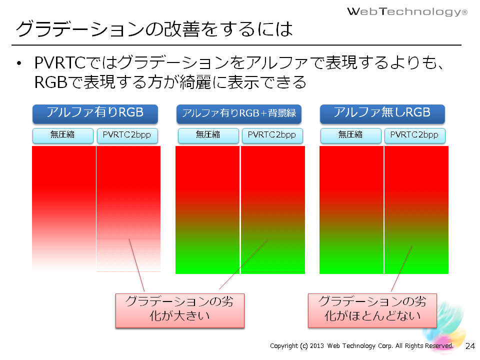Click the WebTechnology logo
click(407, 11)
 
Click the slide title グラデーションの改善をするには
click(154, 29)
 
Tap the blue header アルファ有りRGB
click(95, 114)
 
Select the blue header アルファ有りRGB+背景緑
click(239, 114)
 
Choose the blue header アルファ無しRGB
click(382, 114)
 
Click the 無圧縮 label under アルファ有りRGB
click(63, 135)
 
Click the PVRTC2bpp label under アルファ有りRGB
click(127, 135)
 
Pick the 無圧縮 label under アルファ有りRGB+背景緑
click(208, 135)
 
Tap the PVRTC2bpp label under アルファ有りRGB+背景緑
click(272, 135)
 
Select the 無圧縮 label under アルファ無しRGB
click(351, 135)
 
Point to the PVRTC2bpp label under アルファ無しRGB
click(415, 135)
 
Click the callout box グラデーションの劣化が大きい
click(179, 310)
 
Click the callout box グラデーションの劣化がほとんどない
click(372, 310)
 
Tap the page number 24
click(470, 346)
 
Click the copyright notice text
click(361, 346)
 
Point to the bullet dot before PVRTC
click(19, 63)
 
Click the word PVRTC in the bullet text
click(59, 63)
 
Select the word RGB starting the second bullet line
click(50, 82)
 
